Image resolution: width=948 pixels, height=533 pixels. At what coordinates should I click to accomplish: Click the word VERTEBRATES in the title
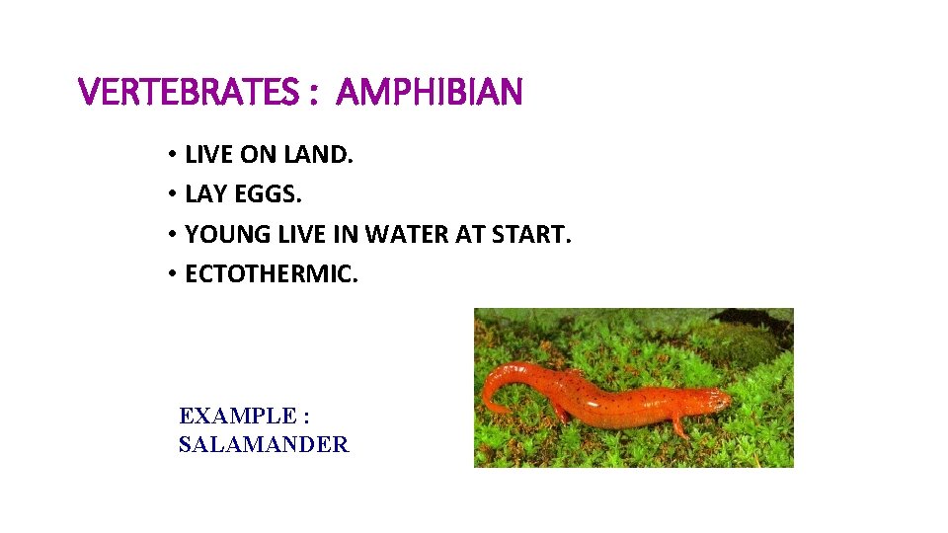point(185,94)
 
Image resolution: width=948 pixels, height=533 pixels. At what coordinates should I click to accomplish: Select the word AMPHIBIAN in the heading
point(429,94)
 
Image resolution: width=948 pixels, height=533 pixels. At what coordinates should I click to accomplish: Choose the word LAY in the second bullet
point(205,194)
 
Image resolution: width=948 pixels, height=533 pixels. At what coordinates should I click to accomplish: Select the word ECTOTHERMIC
point(271,273)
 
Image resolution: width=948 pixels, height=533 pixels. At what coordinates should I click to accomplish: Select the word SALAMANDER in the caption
point(264,445)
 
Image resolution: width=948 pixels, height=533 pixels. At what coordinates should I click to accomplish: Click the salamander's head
point(708,401)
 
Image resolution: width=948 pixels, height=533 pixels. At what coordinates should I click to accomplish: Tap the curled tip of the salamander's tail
point(491,406)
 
